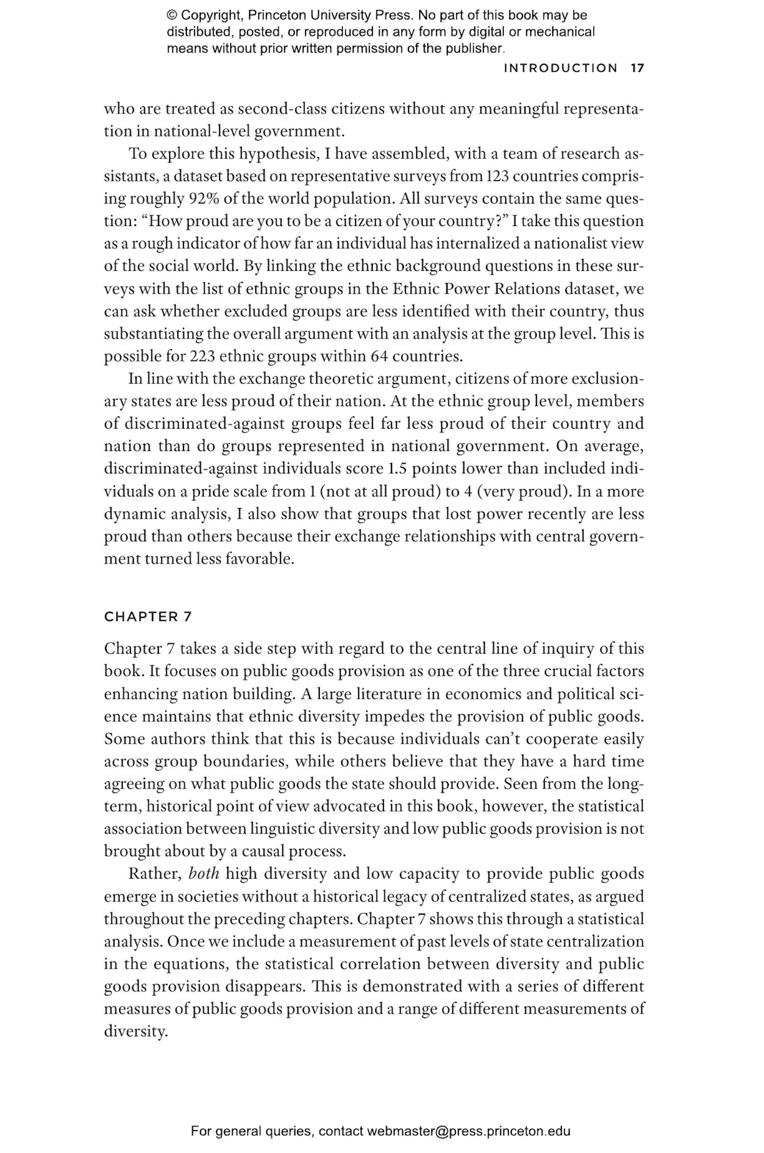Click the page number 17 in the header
click(637, 68)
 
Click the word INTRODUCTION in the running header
click(560, 68)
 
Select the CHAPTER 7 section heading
click(148, 617)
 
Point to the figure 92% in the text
click(204, 199)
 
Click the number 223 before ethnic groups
click(203, 356)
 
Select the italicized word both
click(204, 874)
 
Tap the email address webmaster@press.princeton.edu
click(468, 1131)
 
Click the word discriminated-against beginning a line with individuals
click(181, 468)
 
